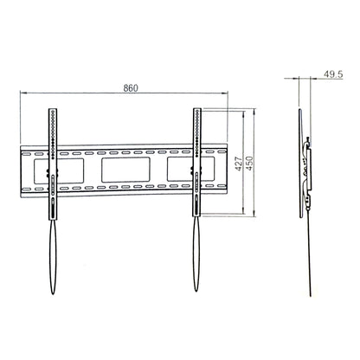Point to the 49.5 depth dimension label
(332, 75)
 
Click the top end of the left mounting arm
(53, 110)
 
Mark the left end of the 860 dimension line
(21, 94)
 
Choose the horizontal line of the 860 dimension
(87, 94)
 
